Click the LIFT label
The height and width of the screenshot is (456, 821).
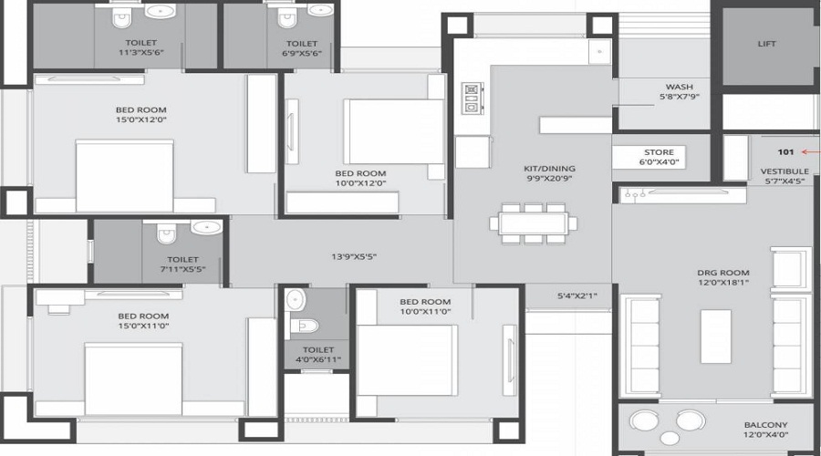(x=766, y=44)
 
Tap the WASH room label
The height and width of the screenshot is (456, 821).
(x=679, y=87)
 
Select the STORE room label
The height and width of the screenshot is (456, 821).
(x=659, y=152)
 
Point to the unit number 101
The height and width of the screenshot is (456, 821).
(x=785, y=152)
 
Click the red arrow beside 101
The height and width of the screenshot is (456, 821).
(x=811, y=152)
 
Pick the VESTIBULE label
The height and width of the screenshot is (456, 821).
(x=785, y=171)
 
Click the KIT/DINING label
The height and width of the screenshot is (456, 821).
(x=549, y=169)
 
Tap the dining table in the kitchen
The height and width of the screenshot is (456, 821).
(x=533, y=223)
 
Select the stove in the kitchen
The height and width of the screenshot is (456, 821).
(x=472, y=98)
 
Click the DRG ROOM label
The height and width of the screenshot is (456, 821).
(x=722, y=273)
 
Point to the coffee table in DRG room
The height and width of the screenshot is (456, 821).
(x=716, y=337)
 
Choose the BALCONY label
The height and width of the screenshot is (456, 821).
(x=765, y=425)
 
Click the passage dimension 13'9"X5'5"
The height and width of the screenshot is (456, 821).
(x=354, y=257)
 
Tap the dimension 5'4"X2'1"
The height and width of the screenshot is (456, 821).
(x=577, y=296)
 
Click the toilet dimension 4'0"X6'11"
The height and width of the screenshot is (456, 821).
(x=317, y=359)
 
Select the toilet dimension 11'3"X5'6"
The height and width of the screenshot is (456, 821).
(x=140, y=52)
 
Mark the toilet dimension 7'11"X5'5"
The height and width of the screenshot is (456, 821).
(x=182, y=269)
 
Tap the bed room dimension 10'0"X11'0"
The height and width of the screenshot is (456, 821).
(x=424, y=312)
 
